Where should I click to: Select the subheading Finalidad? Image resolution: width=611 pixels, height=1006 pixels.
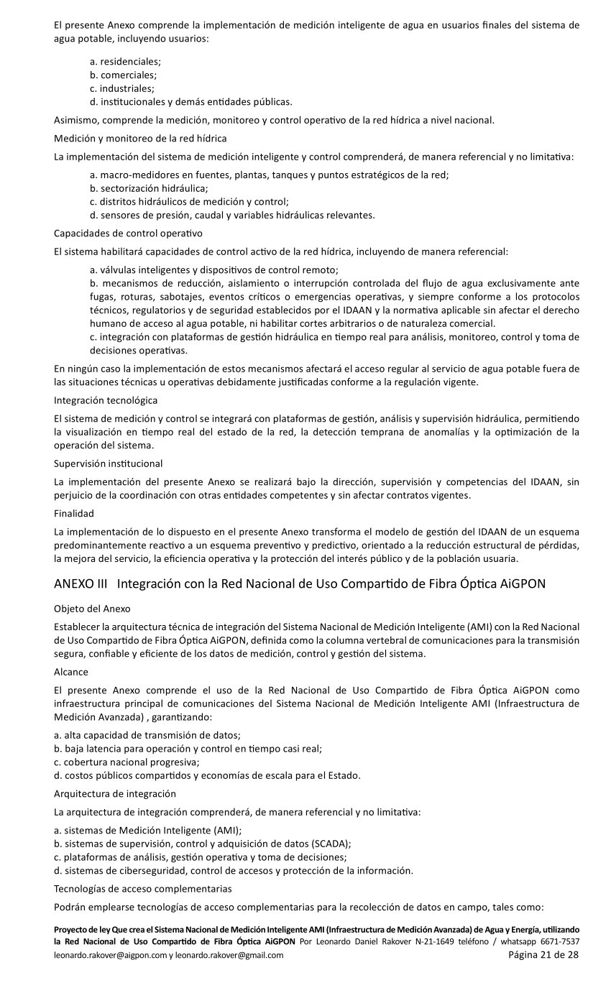74,513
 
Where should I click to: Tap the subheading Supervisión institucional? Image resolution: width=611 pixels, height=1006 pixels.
108,463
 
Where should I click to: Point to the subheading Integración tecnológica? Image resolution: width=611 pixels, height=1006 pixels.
106,400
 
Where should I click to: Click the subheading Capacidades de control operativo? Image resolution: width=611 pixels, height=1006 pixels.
128,233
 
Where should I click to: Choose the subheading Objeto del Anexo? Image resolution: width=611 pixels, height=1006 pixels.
92,609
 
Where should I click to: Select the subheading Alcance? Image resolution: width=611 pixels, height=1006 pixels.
71,672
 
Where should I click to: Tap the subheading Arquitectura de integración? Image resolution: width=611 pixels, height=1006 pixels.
115,793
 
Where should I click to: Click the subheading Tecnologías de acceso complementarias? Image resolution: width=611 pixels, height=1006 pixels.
142,888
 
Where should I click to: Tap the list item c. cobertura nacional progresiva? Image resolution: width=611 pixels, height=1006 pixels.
127,762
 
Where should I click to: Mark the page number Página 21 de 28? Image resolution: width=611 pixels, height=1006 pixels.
543,955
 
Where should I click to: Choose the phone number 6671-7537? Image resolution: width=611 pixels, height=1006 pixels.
560,941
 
